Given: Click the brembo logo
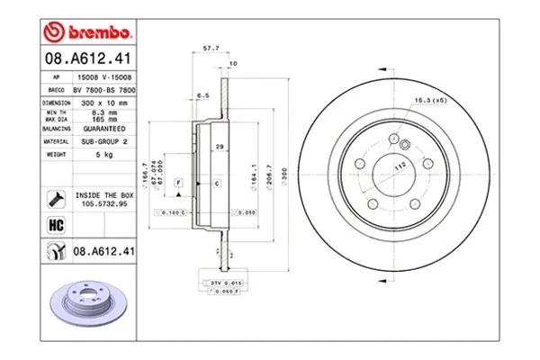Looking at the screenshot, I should (88, 34).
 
